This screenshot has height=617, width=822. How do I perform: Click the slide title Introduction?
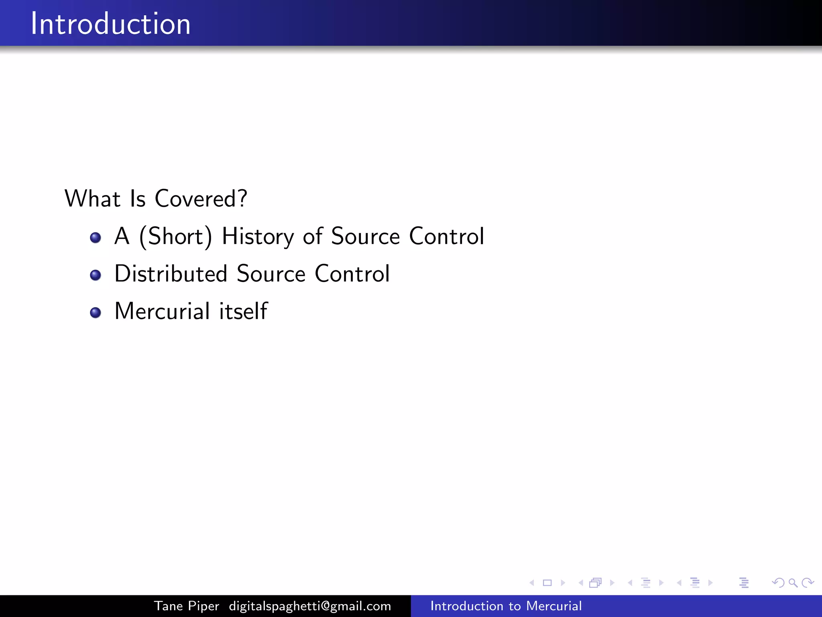[110, 24]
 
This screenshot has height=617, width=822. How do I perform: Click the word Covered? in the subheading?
[201, 198]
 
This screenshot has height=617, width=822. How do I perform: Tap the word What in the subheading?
[92, 198]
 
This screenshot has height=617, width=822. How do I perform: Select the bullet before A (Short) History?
[96, 237]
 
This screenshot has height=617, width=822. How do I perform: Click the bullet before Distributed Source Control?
[96, 275]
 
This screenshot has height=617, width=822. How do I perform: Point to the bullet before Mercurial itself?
[96, 313]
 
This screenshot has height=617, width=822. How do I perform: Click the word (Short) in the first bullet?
[175, 236]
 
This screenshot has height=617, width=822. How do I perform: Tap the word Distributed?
[171, 274]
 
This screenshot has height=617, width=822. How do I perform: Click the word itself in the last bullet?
[243, 311]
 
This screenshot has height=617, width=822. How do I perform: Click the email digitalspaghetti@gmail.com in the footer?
[310, 606]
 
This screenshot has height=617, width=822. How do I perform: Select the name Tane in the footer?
[169, 606]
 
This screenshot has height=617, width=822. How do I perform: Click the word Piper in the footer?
[204, 606]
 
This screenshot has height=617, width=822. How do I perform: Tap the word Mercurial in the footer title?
[554, 606]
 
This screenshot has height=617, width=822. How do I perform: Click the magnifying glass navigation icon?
[793, 582]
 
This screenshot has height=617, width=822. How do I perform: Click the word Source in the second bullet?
[271, 274]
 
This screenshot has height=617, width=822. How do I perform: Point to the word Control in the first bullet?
[446, 236]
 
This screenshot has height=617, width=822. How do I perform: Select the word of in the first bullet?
[313, 236]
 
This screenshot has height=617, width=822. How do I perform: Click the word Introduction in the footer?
[466, 606]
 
